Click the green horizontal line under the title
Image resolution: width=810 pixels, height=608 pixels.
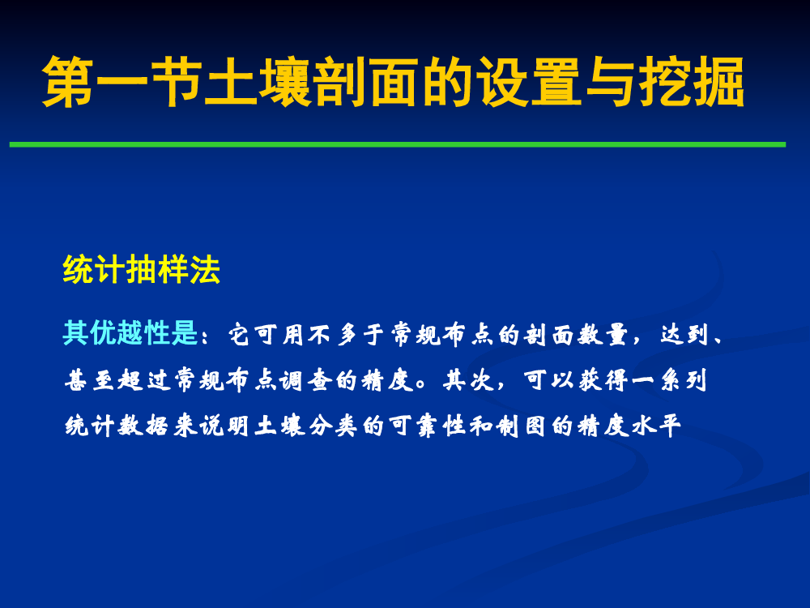point(397,145)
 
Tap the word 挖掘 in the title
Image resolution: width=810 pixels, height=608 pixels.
point(692,82)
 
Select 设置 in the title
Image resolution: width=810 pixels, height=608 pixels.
point(528,82)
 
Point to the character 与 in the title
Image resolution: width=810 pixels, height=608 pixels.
point(610,82)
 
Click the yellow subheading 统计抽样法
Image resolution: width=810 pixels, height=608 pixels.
point(142,269)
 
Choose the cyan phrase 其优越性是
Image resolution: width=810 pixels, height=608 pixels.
point(130,332)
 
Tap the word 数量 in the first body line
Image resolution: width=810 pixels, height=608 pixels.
point(603,334)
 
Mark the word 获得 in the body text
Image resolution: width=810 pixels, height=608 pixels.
point(603,379)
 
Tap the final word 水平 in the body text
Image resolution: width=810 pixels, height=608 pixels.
point(656,426)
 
